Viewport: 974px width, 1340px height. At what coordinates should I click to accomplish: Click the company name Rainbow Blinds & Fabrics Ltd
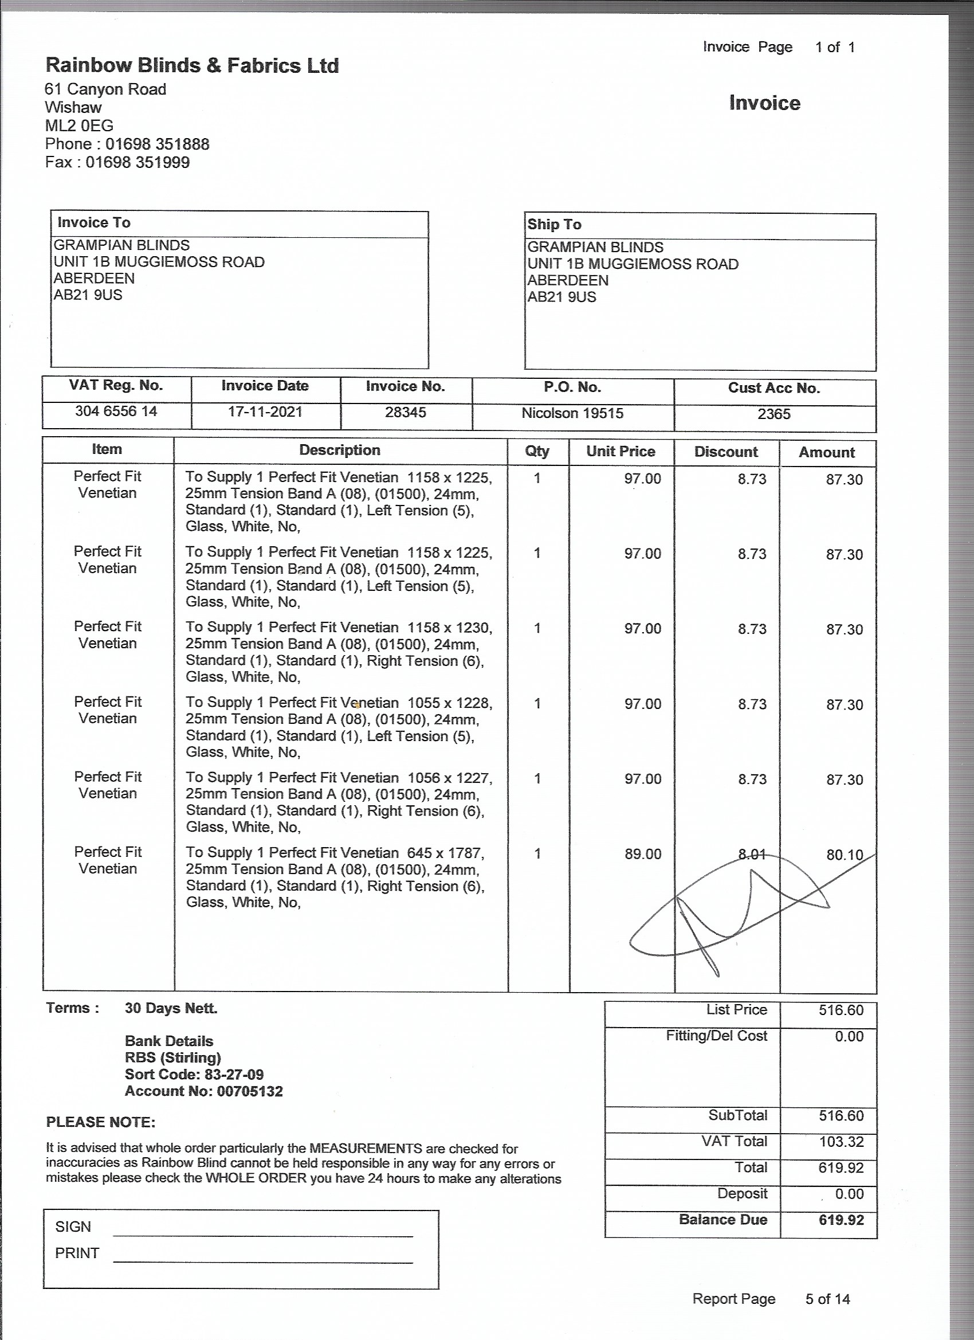pos(192,65)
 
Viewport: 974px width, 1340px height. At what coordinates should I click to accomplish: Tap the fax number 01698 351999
pos(138,162)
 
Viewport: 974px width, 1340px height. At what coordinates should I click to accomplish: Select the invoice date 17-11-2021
pos(265,412)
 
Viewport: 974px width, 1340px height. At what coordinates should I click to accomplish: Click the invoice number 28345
pos(405,413)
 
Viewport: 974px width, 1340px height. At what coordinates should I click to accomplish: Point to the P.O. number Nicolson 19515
pos(572,413)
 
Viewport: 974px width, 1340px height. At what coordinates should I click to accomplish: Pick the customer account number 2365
pos(774,414)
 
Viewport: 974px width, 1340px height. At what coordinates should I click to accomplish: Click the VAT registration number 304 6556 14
pos(116,411)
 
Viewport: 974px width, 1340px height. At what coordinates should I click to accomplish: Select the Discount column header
pos(725,452)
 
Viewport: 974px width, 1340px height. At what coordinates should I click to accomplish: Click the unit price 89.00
pos(643,854)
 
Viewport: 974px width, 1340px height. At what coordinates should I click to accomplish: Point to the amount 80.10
pos(844,855)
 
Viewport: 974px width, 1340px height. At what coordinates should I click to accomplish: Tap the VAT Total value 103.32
pos(841,1142)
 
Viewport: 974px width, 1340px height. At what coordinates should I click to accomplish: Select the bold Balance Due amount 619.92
pos(841,1220)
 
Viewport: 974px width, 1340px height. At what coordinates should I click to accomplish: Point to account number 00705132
pos(250,1091)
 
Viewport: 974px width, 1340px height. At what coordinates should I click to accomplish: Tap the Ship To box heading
pos(554,225)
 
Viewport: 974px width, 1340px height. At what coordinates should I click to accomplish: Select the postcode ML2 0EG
pos(79,126)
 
